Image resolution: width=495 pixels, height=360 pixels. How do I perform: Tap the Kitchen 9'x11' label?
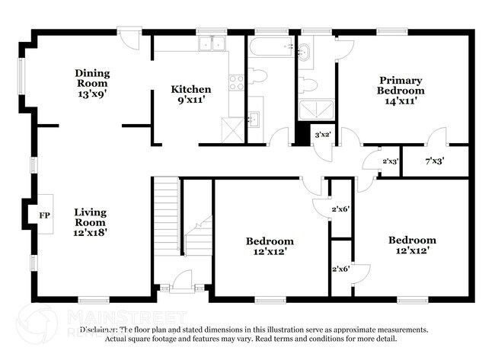point(190,94)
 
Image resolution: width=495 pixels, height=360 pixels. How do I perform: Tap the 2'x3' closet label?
point(389,161)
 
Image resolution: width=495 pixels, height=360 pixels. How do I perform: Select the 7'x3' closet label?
point(433,161)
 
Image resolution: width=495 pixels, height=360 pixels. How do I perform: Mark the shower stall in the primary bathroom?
point(311,111)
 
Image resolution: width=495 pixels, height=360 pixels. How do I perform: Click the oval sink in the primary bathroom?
point(305,52)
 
